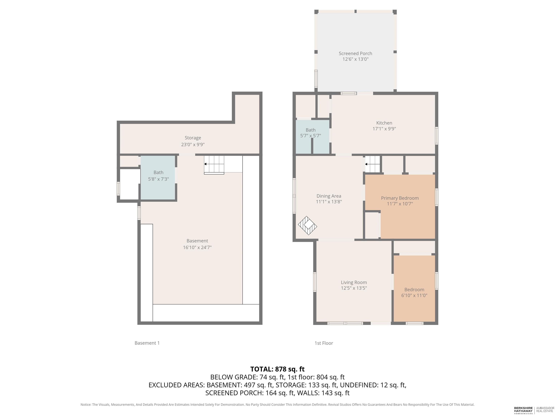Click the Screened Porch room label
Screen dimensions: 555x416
pyautogui.click(x=355, y=53)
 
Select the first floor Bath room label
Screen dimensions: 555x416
pyautogui.click(x=310, y=130)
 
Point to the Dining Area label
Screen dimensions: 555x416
pyautogui.click(x=329, y=196)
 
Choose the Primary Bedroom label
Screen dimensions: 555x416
pyautogui.click(x=400, y=198)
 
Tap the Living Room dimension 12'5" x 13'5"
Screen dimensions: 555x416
pyautogui.click(x=354, y=288)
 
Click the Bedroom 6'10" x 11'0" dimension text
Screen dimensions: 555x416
pyautogui.click(x=414, y=295)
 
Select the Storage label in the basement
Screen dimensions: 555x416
pyautogui.click(x=193, y=138)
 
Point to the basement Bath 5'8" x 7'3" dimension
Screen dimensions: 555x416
pyautogui.click(x=158, y=179)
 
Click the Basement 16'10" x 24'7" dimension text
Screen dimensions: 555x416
pyautogui.click(x=197, y=248)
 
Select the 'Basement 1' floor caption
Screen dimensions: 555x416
pyautogui.click(x=147, y=343)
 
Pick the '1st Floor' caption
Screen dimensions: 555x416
pyautogui.click(x=324, y=343)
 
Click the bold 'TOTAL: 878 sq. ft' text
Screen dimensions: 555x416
pyautogui.click(x=277, y=369)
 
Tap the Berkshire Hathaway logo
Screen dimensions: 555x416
pyautogui.click(x=523, y=410)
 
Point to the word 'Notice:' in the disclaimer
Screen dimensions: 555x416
pyautogui.click(x=86, y=404)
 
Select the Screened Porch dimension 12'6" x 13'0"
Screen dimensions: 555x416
pyautogui.click(x=355, y=59)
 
